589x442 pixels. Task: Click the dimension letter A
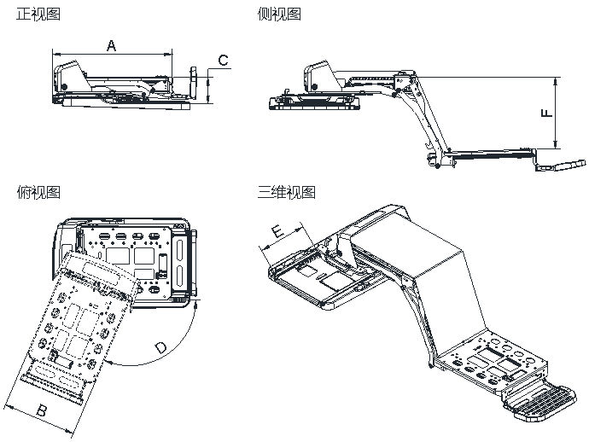click(x=112, y=45)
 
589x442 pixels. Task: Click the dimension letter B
click(x=41, y=410)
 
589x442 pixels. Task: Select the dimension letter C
click(x=223, y=60)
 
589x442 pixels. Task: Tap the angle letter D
click(x=161, y=347)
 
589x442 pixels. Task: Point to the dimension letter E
click(x=277, y=231)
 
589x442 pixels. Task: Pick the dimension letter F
click(x=547, y=113)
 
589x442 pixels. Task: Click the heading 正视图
click(x=38, y=14)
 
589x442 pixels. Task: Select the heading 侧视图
click(x=279, y=14)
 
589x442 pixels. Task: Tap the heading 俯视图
click(x=38, y=192)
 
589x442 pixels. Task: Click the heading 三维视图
click(x=286, y=192)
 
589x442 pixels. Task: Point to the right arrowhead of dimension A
click(x=168, y=55)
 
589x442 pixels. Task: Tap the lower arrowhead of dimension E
click(x=263, y=247)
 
